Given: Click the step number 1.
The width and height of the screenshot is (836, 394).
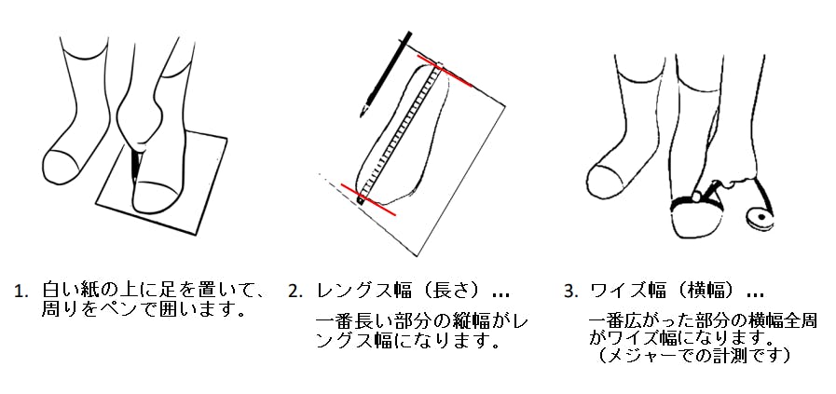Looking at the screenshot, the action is click(21, 292).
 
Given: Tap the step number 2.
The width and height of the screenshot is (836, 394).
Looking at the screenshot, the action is click(295, 292).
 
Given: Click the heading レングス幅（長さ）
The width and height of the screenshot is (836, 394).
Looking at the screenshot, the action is click(404, 292).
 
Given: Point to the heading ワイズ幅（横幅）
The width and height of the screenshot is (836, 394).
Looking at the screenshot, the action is click(668, 292).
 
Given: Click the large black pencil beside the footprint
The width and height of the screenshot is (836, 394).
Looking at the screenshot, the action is click(386, 74).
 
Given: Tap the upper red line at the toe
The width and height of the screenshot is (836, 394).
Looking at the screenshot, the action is click(445, 70).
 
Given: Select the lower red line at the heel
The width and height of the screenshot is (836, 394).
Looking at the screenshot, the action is click(368, 200).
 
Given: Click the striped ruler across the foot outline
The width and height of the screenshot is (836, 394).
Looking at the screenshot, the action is click(401, 132).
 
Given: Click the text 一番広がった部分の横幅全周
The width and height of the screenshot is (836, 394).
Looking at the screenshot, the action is click(703, 321).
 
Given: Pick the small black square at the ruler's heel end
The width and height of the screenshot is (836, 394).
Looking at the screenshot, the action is click(361, 201).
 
